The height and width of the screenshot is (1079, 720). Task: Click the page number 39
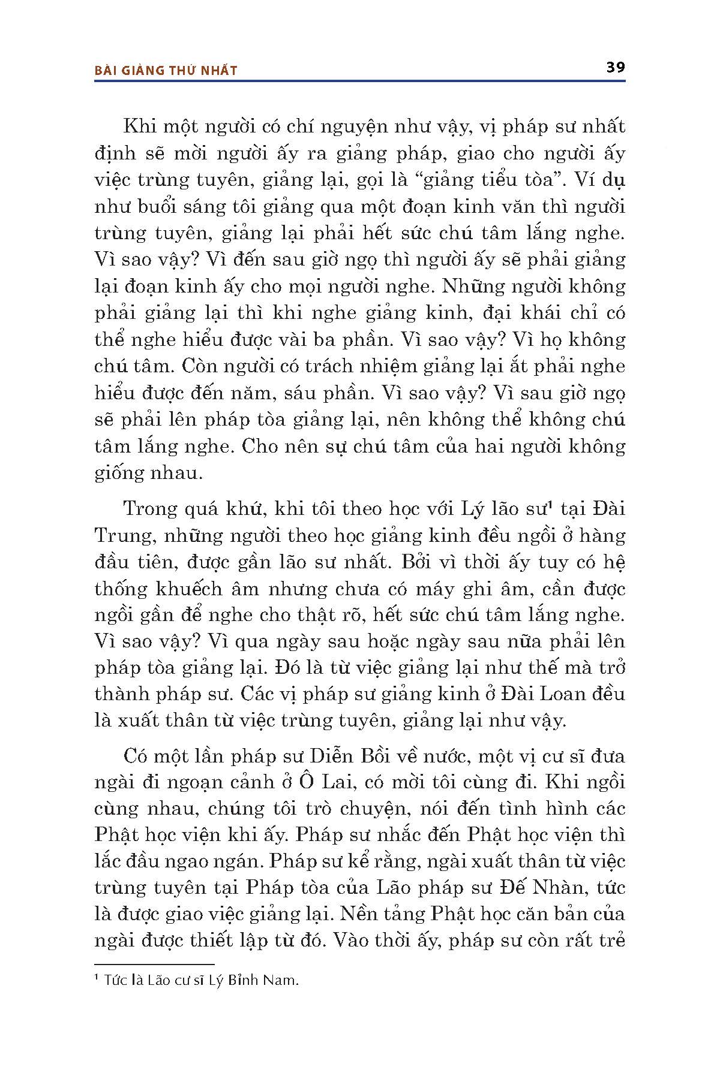pyautogui.click(x=615, y=67)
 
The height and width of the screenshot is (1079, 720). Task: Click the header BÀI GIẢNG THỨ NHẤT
pyautogui.click(x=166, y=71)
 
